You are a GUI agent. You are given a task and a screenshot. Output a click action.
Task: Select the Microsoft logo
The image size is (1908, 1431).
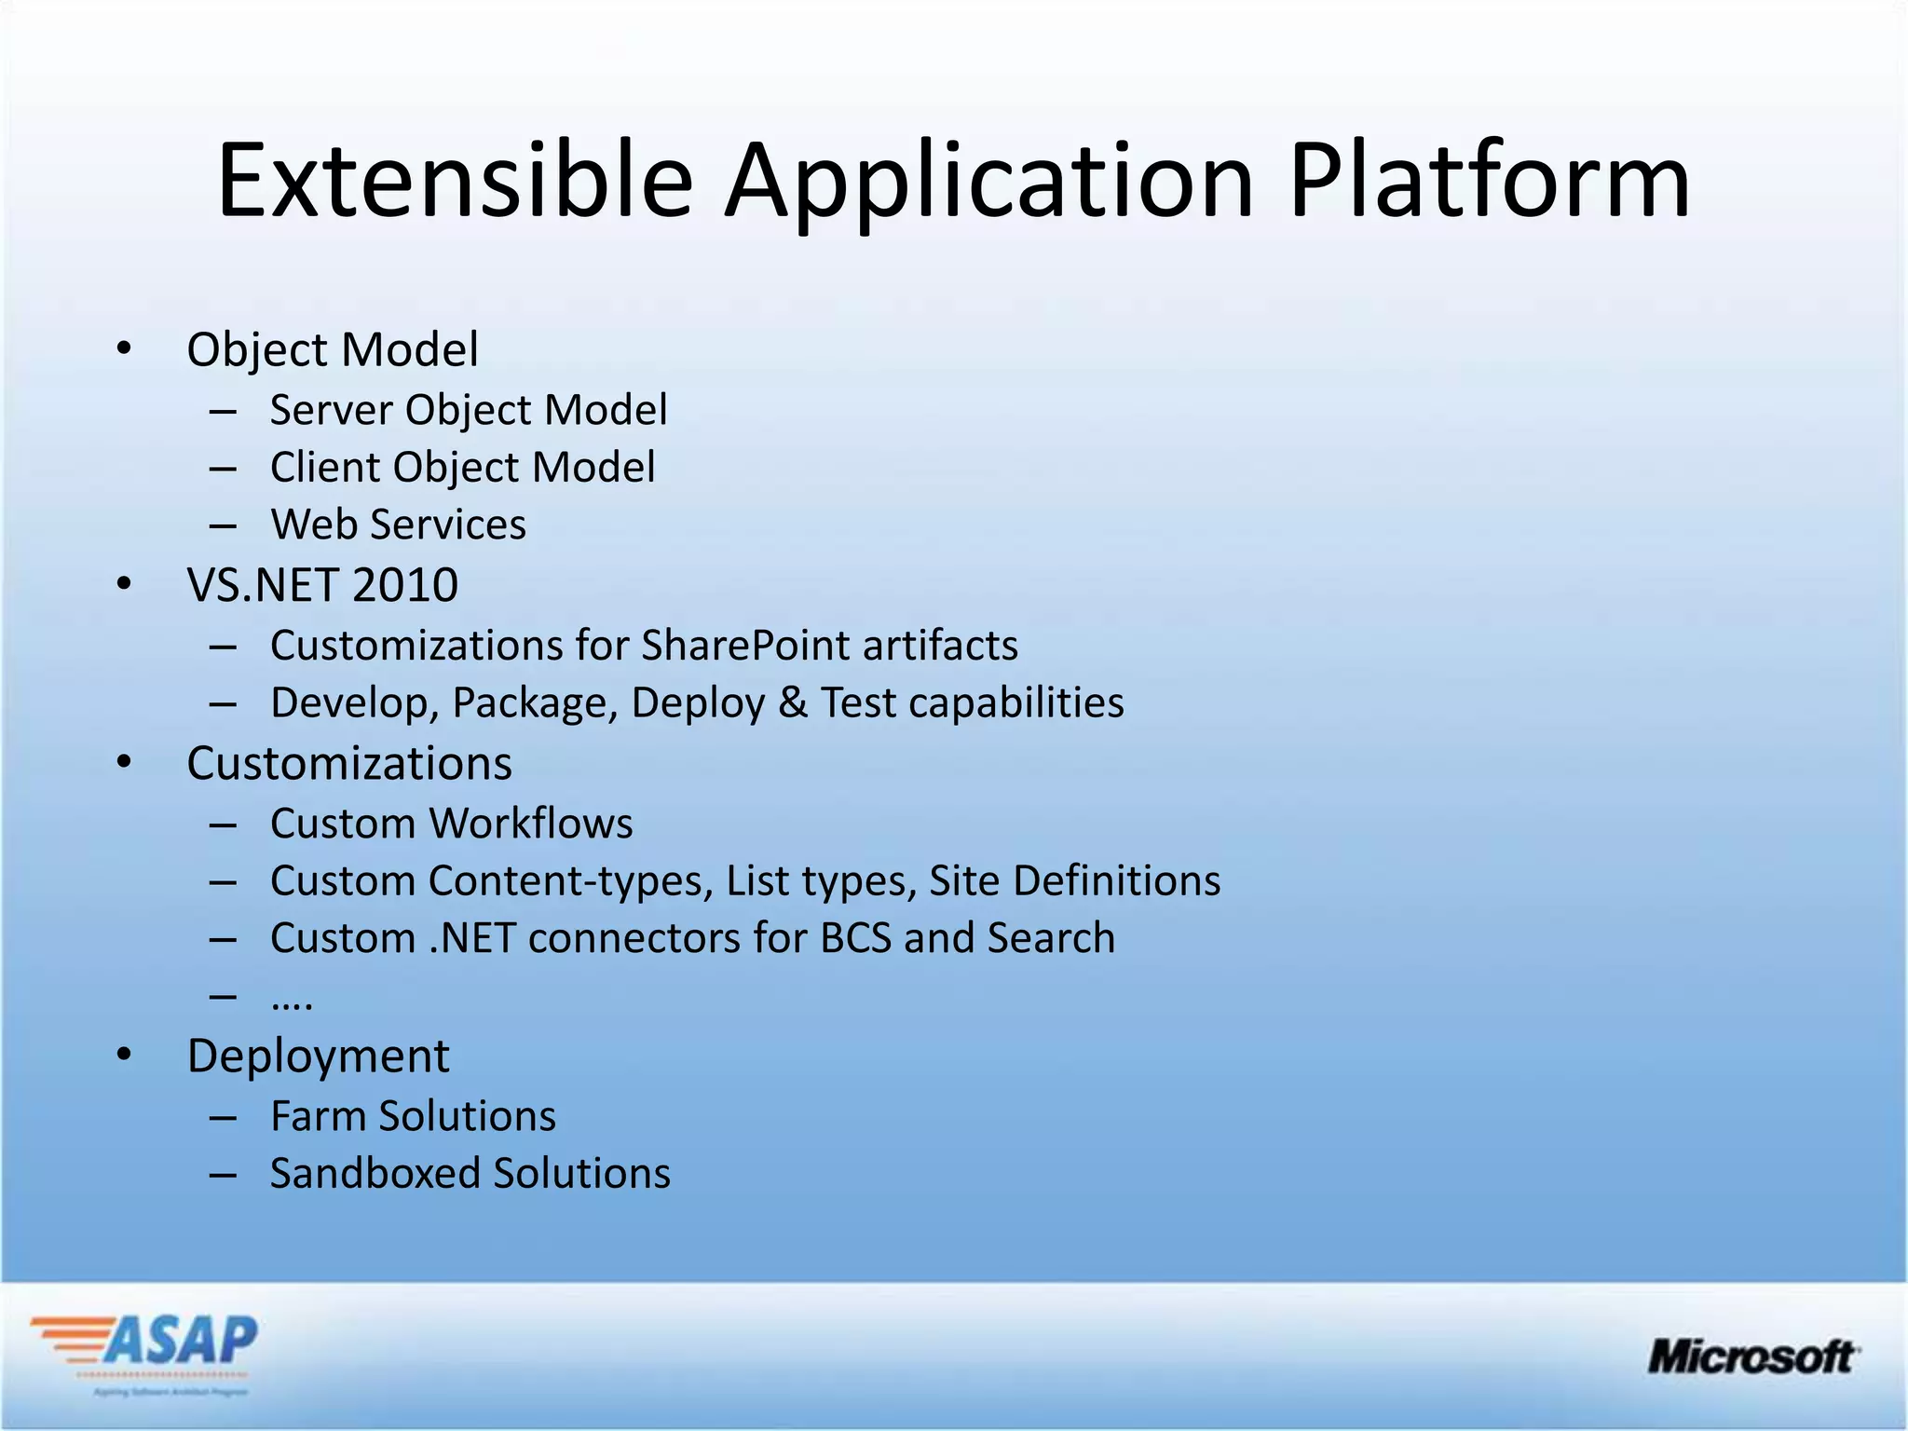pos(1752,1356)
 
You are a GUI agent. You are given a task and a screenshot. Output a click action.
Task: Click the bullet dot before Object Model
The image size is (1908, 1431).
pos(124,349)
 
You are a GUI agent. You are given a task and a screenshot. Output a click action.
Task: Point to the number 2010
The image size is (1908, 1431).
pos(405,585)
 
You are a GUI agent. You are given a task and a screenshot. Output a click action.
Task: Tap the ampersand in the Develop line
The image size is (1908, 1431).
pos(792,702)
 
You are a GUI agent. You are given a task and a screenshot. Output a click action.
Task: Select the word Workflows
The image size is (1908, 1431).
pos(530,824)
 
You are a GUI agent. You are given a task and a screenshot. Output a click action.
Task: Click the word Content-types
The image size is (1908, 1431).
pos(570,881)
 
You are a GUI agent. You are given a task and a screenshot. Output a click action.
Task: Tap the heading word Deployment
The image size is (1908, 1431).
pos(318,1056)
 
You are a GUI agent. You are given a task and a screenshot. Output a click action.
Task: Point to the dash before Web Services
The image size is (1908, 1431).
pos(223,525)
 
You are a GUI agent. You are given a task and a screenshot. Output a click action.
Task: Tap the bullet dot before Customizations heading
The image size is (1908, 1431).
pos(124,763)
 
